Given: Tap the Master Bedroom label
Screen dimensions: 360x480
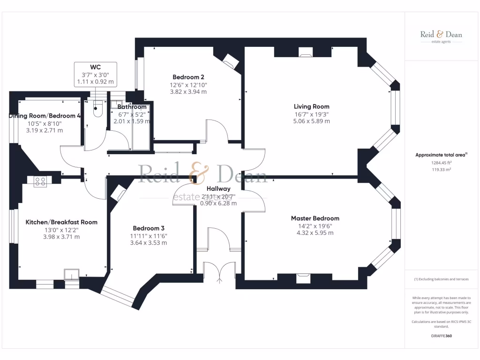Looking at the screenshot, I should click(x=315, y=218).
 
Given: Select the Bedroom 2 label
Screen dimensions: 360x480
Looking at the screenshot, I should click(x=188, y=77).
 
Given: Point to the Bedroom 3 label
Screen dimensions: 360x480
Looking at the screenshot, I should click(x=148, y=228).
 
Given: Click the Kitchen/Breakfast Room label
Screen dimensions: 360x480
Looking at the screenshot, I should click(x=61, y=222).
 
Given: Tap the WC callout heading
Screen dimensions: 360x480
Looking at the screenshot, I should click(x=96, y=67).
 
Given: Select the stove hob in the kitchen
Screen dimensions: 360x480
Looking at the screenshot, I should click(x=40, y=181).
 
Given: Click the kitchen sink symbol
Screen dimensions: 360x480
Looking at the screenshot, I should click(x=72, y=274).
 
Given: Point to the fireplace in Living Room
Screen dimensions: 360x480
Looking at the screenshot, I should click(x=306, y=52).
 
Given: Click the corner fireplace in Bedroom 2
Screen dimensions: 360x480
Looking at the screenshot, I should click(x=231, y=60).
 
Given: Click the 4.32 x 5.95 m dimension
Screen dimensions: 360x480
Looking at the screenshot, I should click(x=315, y=233).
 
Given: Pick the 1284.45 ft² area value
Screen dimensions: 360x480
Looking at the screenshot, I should click(x=441, y=163).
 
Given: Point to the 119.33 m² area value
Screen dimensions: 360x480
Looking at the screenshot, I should click(x=441, y=170).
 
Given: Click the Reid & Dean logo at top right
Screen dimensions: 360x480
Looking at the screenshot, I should click(x=441, y=36).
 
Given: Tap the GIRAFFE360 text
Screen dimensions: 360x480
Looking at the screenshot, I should click(x=441, y=336).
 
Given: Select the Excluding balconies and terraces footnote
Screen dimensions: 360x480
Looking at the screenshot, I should click(x=441, y=279).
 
